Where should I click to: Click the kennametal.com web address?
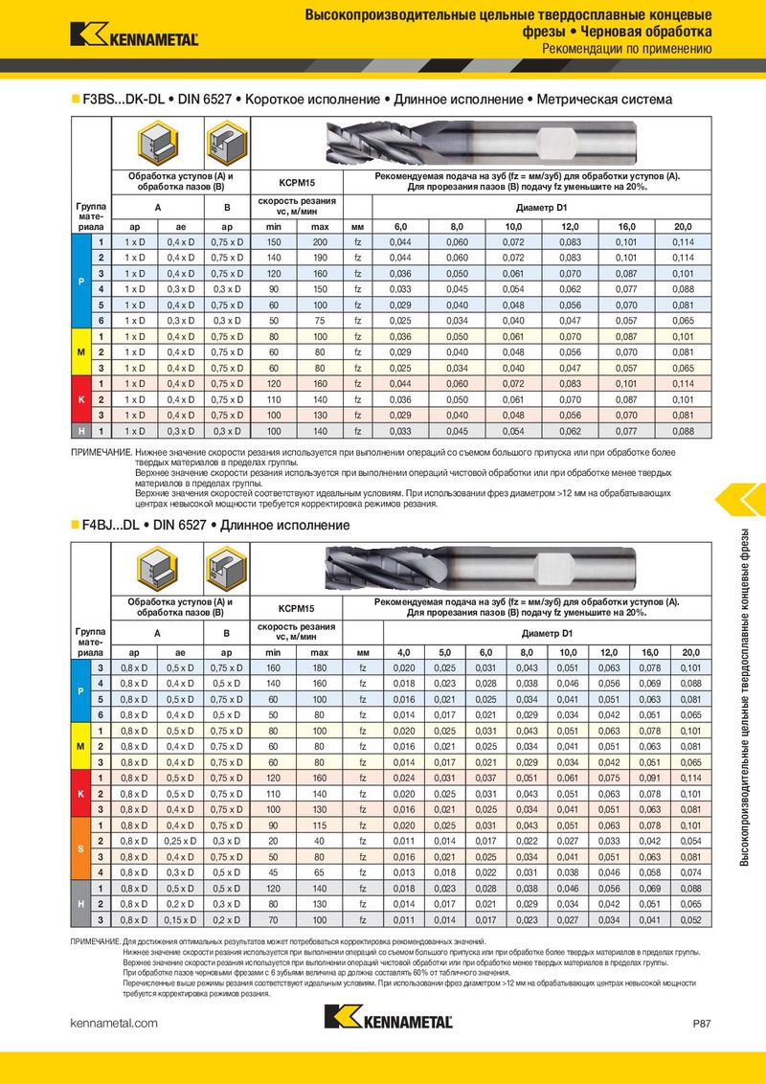[114, 1024]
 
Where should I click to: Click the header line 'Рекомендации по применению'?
[626, 49]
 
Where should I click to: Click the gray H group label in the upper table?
[79, 432]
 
